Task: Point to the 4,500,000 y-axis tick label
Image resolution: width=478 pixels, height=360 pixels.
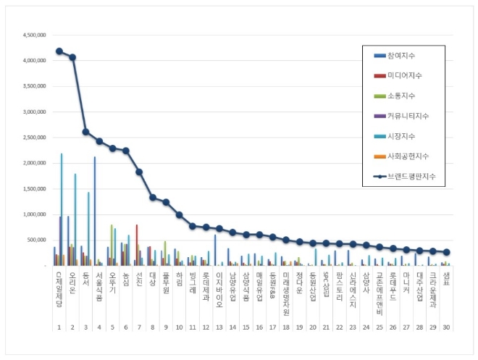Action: [35, 35]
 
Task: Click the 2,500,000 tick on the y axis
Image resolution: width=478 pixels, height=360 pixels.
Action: [35, 138]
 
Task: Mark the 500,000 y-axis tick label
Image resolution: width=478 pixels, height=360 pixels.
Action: [38, 240]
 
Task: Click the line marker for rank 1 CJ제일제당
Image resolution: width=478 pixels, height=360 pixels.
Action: [59, 51]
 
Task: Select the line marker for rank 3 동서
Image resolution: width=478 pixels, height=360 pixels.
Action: [85, 132]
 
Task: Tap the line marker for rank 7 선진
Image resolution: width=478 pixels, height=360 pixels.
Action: [139, 172]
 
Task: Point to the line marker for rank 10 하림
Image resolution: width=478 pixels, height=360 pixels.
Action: [179, 214]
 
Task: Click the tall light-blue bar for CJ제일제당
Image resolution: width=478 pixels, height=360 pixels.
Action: [62, 210]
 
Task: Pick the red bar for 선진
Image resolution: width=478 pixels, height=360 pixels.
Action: [137, 245]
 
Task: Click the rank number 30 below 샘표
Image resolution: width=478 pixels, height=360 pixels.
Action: [446, 327]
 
